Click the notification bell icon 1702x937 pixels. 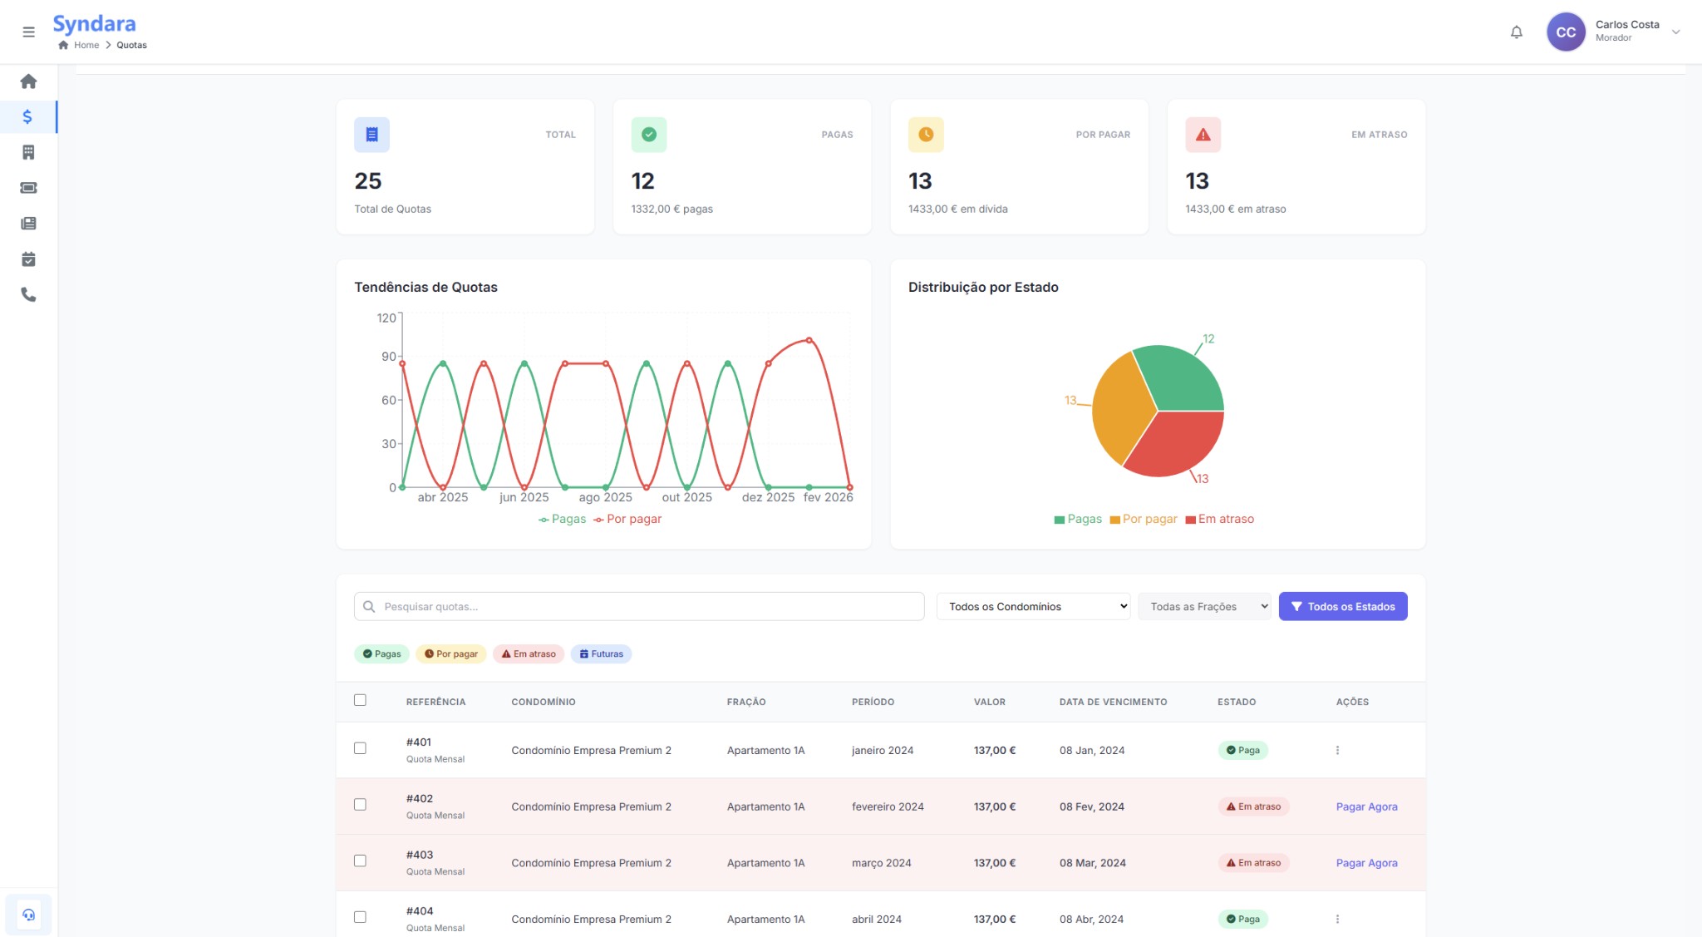click(x=1516, y=32)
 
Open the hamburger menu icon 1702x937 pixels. click(x=28, y=32)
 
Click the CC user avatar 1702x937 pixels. click(x=1565, y=32)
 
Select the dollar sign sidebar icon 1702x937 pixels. click(x=27, y=117)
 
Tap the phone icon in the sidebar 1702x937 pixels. click(x=28, y=295)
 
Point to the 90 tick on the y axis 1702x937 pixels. click(x=388, y=357)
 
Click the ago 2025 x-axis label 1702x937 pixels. click(x=605, y=497)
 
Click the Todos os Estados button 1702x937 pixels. click(x=1342, y=607)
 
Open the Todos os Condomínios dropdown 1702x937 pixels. click(x=1033, y=607)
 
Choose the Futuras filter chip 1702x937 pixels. click(x=601, y=654)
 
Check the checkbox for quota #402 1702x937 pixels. click(x=360, y=805)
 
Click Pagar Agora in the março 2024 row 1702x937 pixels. click(x=1366, y=863)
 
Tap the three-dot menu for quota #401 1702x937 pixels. click(x=1337, y=750)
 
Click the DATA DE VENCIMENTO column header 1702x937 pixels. click(x=1113, y=702)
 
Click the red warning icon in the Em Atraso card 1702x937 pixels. click(x=1203, y=135)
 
